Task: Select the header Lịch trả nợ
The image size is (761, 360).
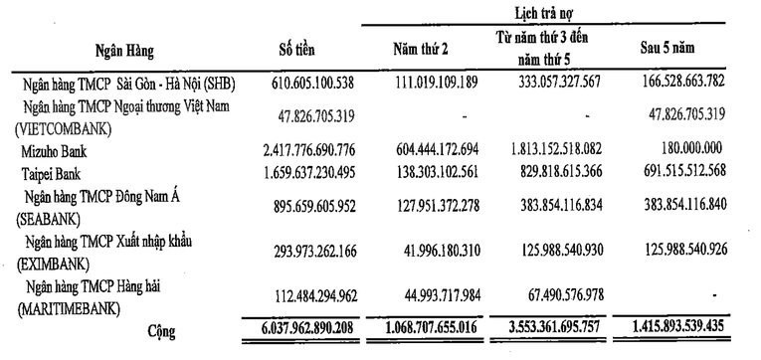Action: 540,12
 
